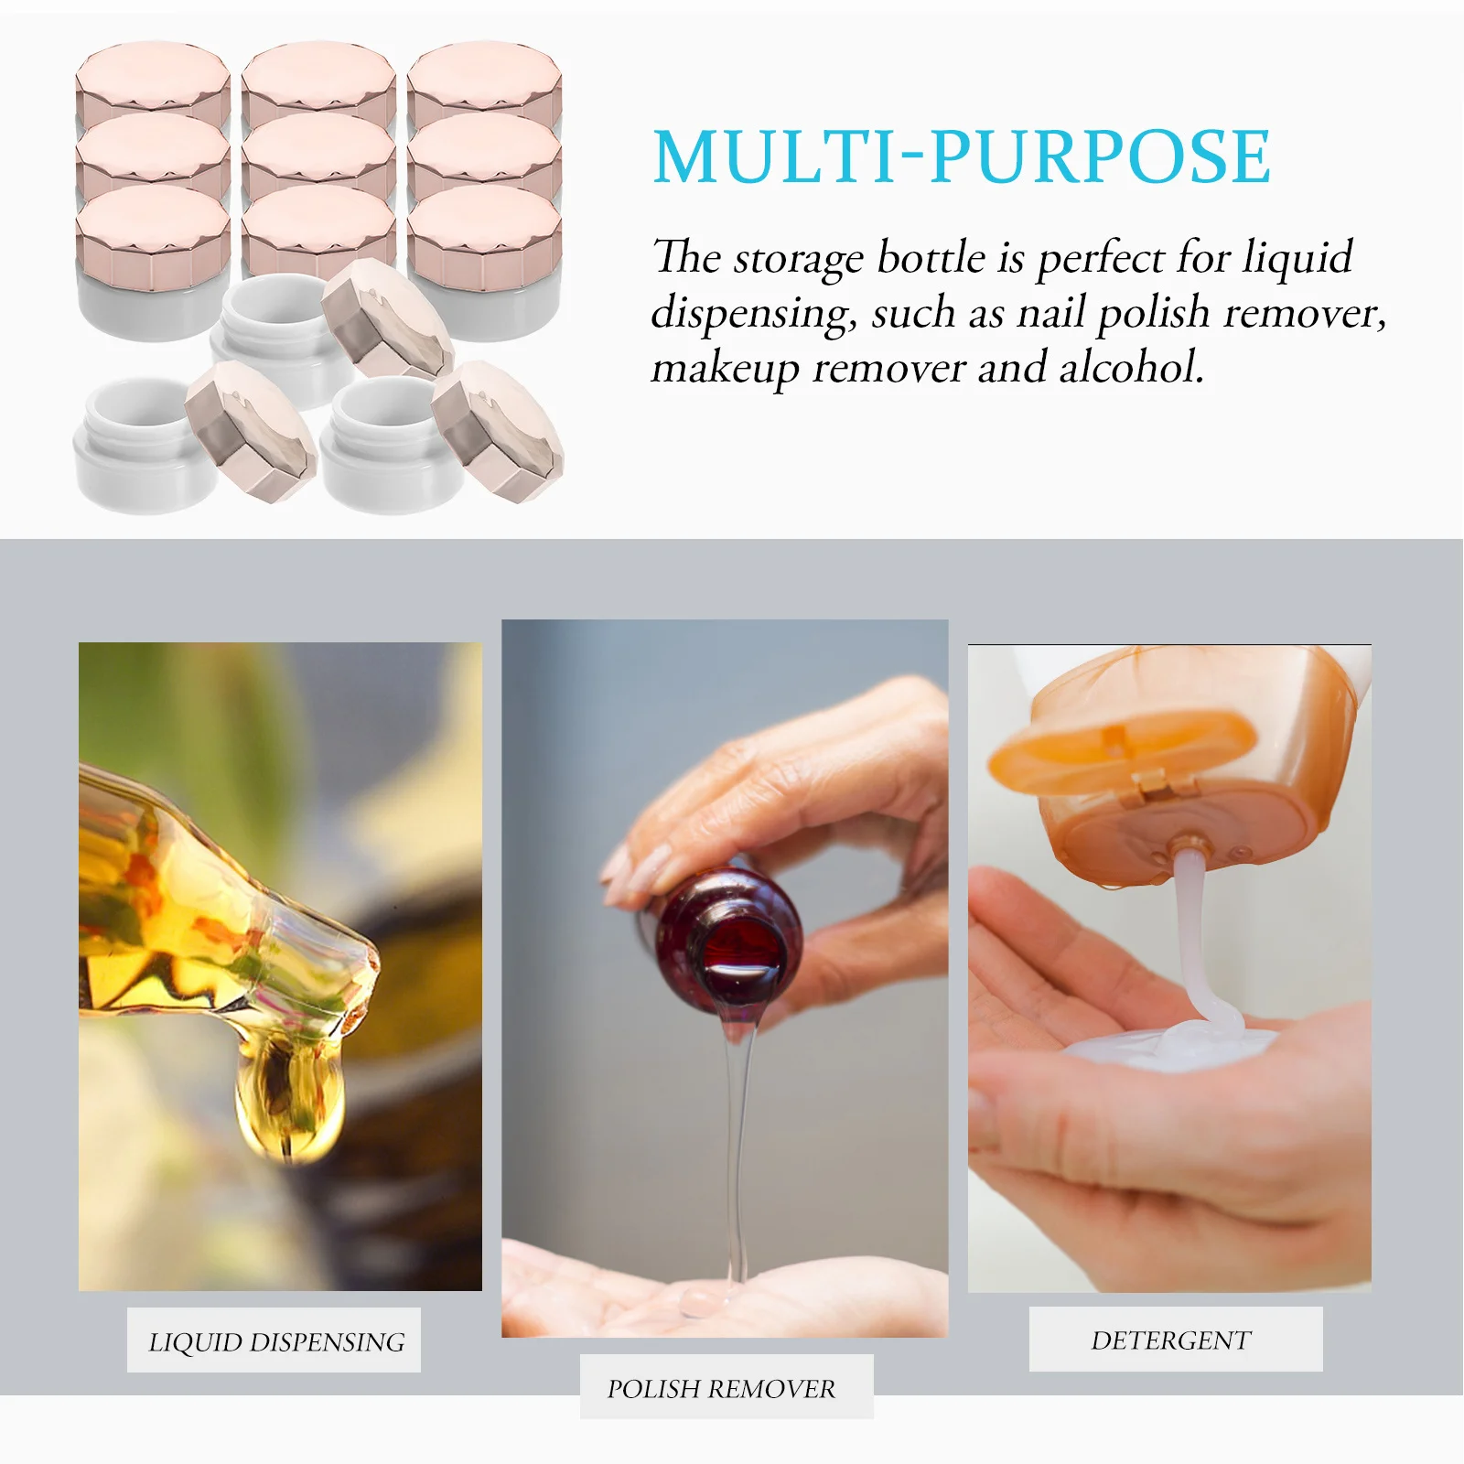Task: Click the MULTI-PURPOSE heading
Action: (x=961, y=157)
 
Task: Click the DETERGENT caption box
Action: (x=1174, y=1340)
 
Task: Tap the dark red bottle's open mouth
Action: (x=741, y=952)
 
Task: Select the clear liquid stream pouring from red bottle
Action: (x=737, y=1144)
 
